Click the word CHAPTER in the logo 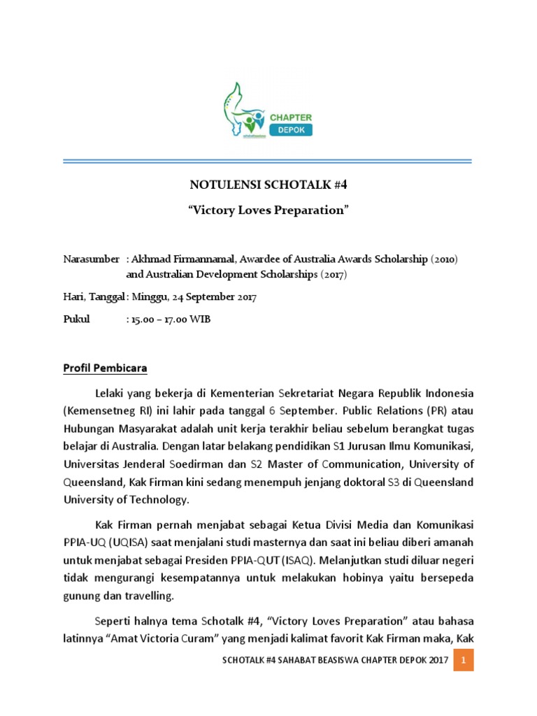[291, 117]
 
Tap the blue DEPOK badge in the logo [291, 130]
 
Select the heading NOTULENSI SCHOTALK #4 [268, 185]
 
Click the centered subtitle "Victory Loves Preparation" [268, 211]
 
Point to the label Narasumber [91, 259]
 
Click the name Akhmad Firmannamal [173, 259]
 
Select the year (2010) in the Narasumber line [444, 259]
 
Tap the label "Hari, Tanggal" [94, 297]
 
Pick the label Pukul [76, 320]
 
